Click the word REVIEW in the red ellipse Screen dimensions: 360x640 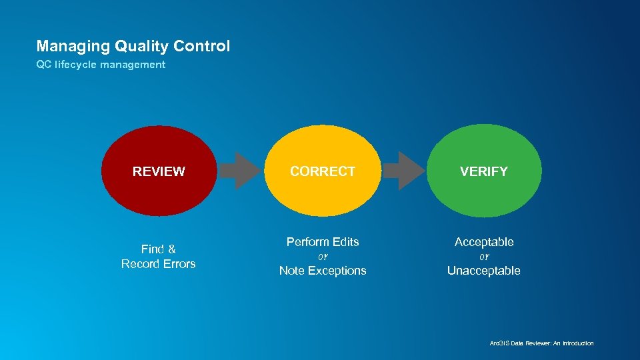(159, 171)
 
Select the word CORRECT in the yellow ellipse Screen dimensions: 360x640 (323, 171)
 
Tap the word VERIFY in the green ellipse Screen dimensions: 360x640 (484, 171)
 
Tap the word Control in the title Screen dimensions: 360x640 (201, 47)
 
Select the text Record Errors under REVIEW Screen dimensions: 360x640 (159, 264)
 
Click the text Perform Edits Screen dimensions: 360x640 (323, 242)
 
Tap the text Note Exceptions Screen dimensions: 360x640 (323, 271)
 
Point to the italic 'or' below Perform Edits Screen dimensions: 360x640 (323, 257)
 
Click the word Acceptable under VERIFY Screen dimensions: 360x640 (484, 242)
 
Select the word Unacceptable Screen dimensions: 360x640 (484, 271)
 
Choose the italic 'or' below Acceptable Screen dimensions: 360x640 (484, 257)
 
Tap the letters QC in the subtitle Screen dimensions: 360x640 (43, 65)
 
